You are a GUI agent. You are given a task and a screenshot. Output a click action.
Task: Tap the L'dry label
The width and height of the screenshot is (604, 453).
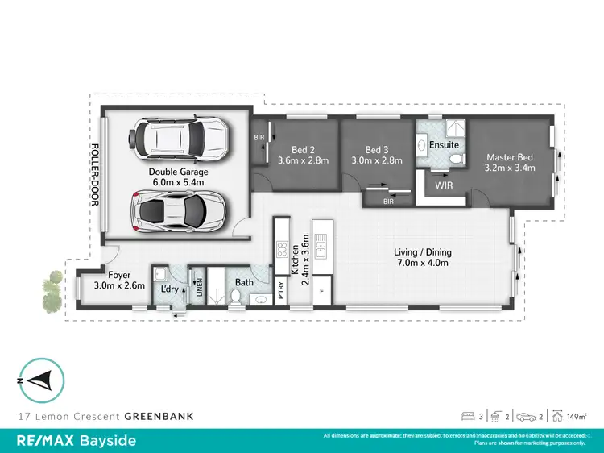[169, 289]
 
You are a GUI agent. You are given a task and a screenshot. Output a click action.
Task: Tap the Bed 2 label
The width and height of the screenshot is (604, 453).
[302, 150]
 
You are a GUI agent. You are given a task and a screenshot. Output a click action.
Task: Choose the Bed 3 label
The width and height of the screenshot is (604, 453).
[377, 150]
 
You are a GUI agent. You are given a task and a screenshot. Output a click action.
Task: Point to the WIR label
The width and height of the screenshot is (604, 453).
[444, 185]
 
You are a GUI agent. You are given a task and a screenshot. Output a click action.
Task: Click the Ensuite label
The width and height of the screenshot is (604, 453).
[444, 145]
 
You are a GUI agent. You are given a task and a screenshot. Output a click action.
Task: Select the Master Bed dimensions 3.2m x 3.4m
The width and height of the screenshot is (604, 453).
[510, 168]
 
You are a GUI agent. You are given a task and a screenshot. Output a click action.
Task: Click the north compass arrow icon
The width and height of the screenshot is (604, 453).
[37, 380]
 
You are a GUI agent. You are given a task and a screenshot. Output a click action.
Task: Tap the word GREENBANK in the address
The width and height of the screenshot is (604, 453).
[159, 417]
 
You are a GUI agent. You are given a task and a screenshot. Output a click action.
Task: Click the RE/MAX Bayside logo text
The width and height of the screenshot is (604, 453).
[77, 441]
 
